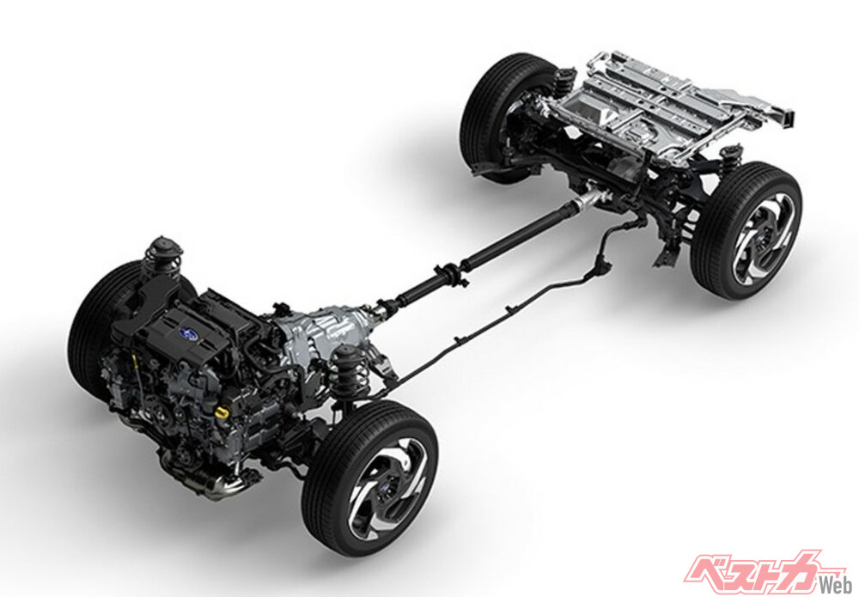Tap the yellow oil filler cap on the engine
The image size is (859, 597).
(x=221, y=411)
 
